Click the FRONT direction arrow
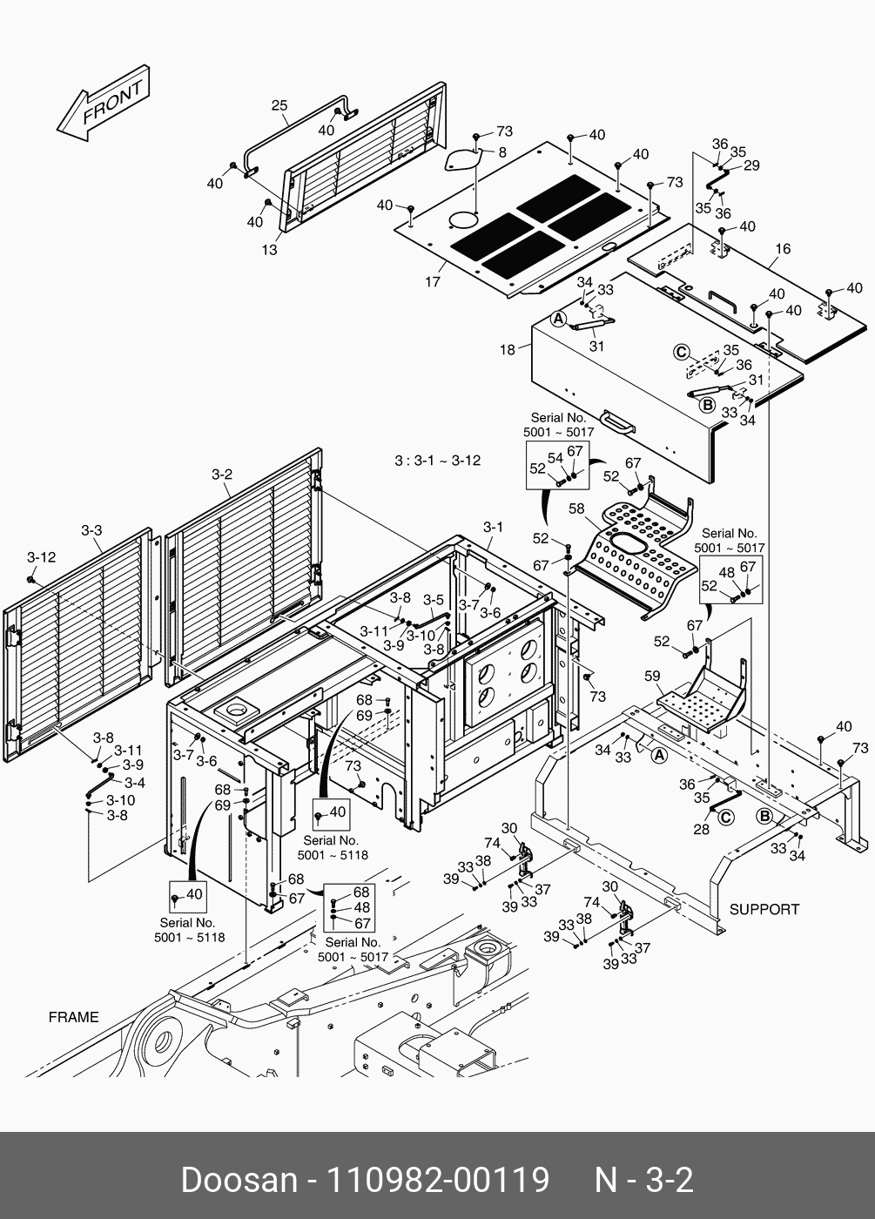103,104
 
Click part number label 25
279,106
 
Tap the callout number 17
433,281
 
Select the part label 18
508,350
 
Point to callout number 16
783,249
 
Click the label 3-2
222,475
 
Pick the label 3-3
91,529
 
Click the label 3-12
41,556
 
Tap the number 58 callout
576,508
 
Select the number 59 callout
652,675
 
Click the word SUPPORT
764,909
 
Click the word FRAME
73,1017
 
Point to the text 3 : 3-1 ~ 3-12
437,460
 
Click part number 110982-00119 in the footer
436,1180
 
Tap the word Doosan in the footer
239,1180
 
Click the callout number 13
270,250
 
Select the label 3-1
493,527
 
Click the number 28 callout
702,829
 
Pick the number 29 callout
751,165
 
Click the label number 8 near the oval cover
502,152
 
